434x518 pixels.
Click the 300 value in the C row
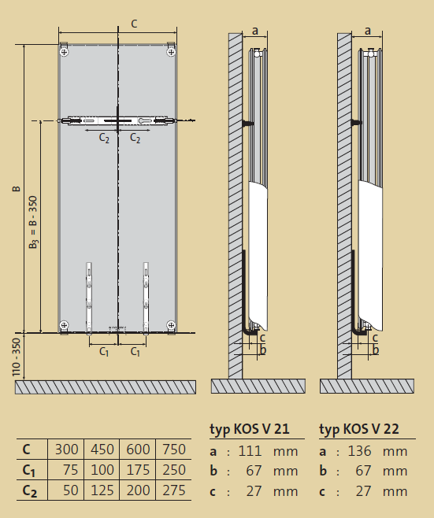pos(66,450)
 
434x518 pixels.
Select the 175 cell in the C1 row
pos(138,470)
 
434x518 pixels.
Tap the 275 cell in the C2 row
pos(174,490)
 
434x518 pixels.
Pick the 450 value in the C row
pos(102,450)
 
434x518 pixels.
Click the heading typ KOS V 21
pos(250,429)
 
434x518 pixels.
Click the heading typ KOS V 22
pos(359,429)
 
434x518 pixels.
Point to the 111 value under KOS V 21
pos(250,451)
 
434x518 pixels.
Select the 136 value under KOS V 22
pos(359,451)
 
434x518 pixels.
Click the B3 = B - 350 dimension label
pos(33,222)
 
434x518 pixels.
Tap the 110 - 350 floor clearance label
pos(17,357)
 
